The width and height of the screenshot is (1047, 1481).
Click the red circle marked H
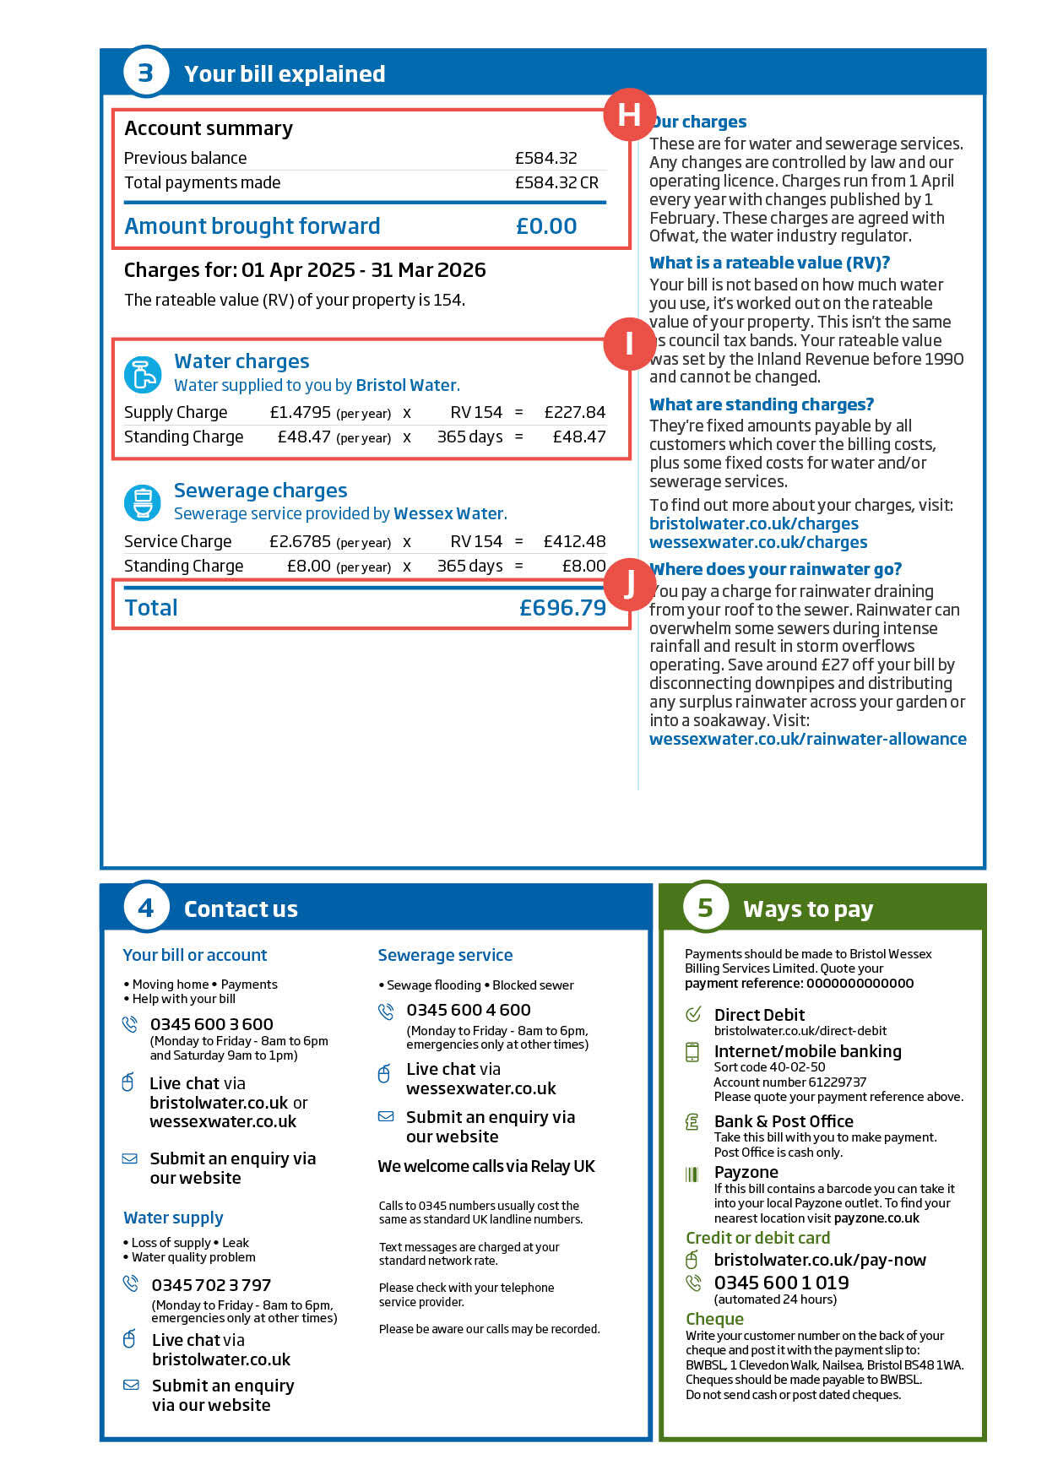point(629,115)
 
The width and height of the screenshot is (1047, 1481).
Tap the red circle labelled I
point(629,344)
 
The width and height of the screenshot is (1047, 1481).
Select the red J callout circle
point(629,583)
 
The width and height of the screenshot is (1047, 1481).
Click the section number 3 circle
point(145,73)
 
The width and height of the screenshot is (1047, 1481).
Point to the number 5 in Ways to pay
point(705,908)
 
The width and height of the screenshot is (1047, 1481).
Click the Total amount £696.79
point(562,608)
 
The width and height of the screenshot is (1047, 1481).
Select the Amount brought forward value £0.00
point(546,226)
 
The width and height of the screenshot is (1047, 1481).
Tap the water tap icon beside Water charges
point(143,374)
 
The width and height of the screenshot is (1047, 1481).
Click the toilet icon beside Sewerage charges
point(143,502)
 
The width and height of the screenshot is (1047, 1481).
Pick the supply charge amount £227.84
point(574,413)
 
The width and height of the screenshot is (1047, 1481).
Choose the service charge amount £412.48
point(574,541)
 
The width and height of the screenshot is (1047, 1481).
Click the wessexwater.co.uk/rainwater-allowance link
point(807,739)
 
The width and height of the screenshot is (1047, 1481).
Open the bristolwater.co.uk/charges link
point(741,524)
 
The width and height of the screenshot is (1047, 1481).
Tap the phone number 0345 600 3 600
point(211,1024)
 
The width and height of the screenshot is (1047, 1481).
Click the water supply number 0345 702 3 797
point(211,1285)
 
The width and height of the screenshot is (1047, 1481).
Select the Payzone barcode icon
point(692,1174)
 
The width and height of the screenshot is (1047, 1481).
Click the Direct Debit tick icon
point(693,1014)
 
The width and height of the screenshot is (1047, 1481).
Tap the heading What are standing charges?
point(761,404)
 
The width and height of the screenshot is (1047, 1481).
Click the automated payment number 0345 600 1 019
point(781,1283)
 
